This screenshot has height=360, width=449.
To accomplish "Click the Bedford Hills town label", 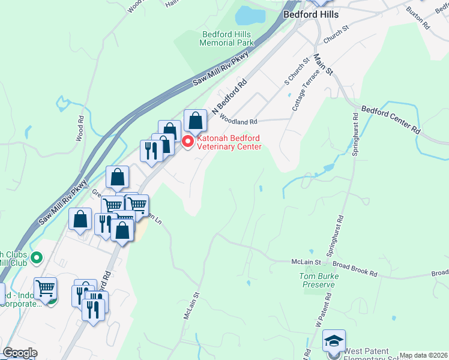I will tap(310, 14).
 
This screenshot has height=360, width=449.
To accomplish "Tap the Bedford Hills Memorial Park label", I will tap(228, 38).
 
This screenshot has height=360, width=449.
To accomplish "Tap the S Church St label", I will tap(298, 70).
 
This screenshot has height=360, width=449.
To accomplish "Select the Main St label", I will tap(324, 63).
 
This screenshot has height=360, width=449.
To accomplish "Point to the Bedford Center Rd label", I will tap(391, 119).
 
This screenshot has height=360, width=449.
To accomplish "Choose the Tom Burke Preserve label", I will tap(316, 280).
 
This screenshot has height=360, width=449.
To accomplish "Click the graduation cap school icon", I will tap(334, 341).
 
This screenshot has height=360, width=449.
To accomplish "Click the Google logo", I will tap(20, 353).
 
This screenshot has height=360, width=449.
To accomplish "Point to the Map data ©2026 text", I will tap(423, 355).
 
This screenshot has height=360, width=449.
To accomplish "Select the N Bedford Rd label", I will tap(229, 96).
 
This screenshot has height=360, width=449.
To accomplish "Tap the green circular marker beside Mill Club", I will tap(36, 259).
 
